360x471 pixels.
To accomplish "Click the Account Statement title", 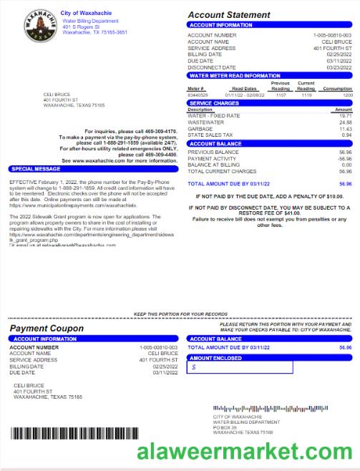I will (229, 15).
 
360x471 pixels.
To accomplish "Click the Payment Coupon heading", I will (47, 329).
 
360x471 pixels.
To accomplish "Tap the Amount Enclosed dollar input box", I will (240, 367).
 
